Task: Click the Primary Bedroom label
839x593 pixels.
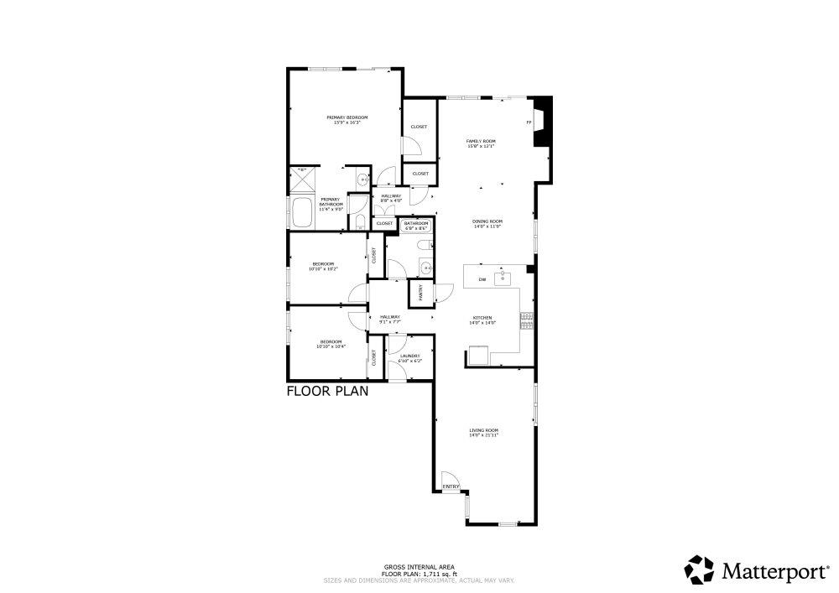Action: (x=347, y=117)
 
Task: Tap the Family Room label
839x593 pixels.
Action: (x=481, y=141)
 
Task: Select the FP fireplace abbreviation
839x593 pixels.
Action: (x=529, y=123)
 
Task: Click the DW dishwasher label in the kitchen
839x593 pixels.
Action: (x=482, y=279)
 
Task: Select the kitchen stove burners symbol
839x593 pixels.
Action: (x=527, y=320)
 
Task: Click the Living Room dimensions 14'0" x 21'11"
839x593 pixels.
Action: (x=483, y=435)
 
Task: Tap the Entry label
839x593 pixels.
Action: (x=451, y=486)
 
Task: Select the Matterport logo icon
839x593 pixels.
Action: (x=699, y=570)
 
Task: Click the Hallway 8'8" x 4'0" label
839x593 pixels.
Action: (x=391, y=198)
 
